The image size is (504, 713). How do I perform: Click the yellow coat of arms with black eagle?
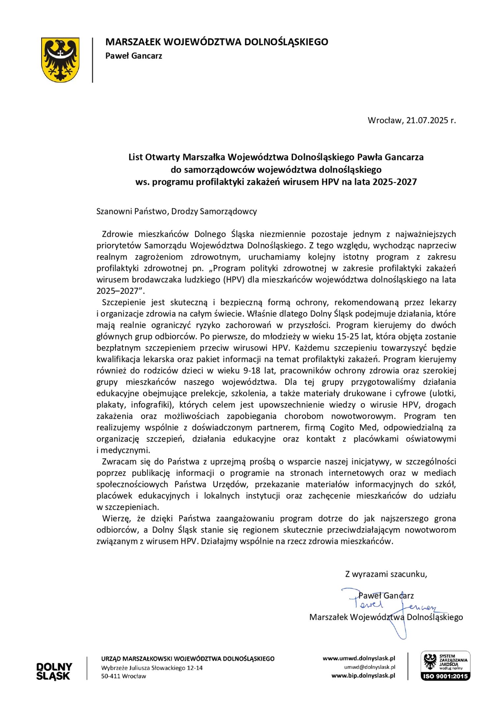[x=60, y=60]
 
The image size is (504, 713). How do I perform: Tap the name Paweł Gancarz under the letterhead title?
[x=134, y=56]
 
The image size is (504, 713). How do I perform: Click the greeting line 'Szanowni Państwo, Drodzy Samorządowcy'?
[x=177, y=212]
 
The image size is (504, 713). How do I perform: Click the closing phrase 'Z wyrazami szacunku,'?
[x=386, y=574]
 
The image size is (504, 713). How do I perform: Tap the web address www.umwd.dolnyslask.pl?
[x=359, y=659]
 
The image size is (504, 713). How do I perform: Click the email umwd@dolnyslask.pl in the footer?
[x=369, y=667]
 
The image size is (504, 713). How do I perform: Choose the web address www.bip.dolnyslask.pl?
[x=363, y=676]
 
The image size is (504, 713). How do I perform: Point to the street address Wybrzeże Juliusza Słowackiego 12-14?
[x=152, y=668]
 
